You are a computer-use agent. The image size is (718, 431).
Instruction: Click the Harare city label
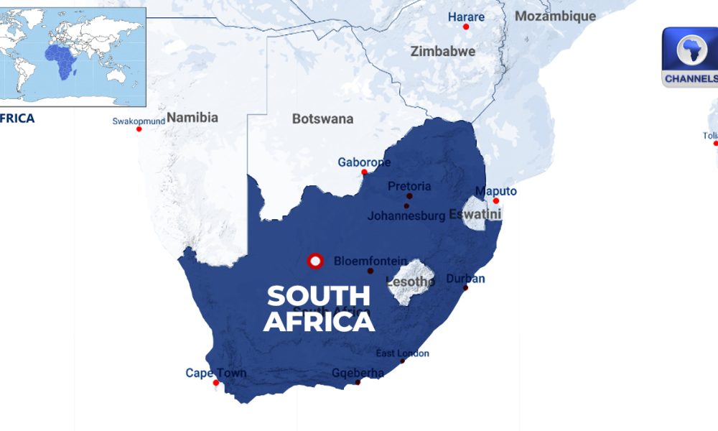[x=466, y=17]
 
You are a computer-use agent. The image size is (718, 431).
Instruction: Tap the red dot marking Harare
[x=466, y=27]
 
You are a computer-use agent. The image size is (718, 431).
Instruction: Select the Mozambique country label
[x=555, y=16]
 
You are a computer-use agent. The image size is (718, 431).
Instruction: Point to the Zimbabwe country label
[x=442, y=51]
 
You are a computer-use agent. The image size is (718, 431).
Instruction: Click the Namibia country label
[x=192, y=117]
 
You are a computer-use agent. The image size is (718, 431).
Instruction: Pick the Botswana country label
[x=322, y=119]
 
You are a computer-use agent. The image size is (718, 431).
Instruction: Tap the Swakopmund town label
[x=139, y=121]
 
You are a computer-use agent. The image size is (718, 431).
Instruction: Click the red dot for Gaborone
[x=364, y=172]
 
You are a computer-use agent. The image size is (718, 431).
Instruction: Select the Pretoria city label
[x=409, y=186]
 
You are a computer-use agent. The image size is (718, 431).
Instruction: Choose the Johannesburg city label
[x=406, y=215]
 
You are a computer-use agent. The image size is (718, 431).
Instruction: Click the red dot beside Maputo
[x=495, y=200]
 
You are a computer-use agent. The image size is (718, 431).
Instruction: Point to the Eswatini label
[x=475, y=213]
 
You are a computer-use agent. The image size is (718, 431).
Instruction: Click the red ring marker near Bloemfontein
[x=314, y=261]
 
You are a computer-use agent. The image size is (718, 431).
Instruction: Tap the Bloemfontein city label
[x=370, y=261]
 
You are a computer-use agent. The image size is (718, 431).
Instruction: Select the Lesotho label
[x=411, y=281]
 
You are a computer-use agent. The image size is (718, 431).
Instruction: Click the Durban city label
[x=465, y=279]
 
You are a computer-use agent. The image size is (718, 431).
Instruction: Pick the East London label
[x=403, y=353]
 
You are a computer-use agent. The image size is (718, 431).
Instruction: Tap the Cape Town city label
[x=215, y=373]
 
